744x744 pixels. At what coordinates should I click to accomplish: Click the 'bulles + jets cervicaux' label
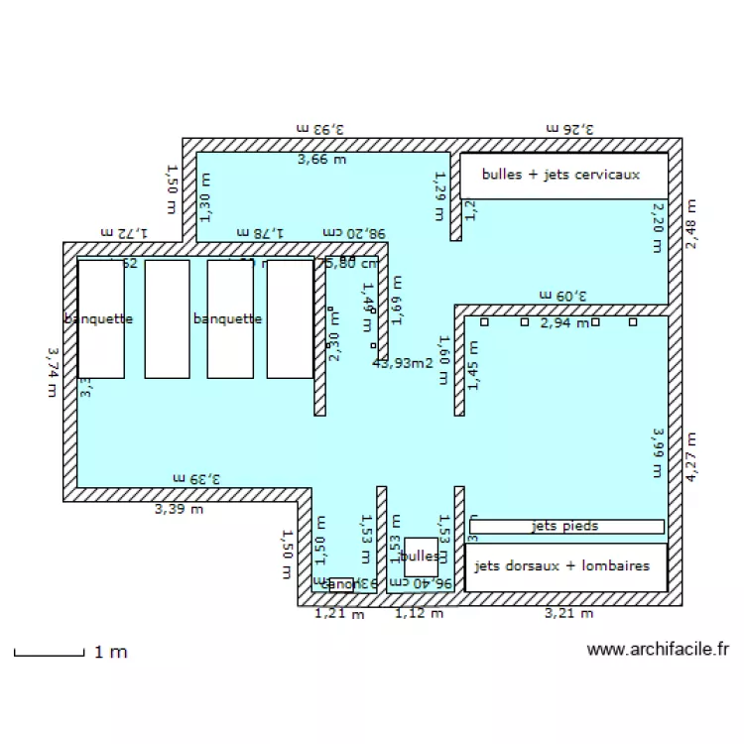[x=560, y=175]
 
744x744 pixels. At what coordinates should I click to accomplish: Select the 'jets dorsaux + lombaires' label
[x=562, y=565]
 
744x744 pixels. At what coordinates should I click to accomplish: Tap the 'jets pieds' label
[x=565, y=526]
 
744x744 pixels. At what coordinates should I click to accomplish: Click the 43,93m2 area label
[x=403, y=363]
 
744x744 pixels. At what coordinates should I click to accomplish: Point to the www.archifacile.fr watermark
[x=658, y=650]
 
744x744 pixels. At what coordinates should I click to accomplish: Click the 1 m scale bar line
[x=49, y=654]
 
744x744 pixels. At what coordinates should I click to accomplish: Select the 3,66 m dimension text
[x=322, y=158]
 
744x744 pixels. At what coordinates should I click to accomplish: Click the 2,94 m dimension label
[x=564, y=322]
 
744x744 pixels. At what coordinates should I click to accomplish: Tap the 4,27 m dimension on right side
[x=690, y=456]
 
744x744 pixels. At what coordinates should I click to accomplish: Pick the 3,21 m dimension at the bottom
[x=568, y=614]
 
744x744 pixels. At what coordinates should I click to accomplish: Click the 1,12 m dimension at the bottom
[x=420, y=614]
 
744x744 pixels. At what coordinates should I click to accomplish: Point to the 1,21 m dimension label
[x=339, y=614]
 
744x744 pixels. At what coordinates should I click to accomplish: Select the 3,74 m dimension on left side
[x=51, y=371]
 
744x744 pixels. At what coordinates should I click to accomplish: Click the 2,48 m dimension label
[x=690, y=223]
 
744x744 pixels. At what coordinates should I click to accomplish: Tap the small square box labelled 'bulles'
[x=421, y=558]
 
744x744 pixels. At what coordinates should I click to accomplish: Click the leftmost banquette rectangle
[x=101, y=318]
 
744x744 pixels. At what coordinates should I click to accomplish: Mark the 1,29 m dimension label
[x=439, y=186]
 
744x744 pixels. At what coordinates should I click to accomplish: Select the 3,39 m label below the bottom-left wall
[x=179, y=510]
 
